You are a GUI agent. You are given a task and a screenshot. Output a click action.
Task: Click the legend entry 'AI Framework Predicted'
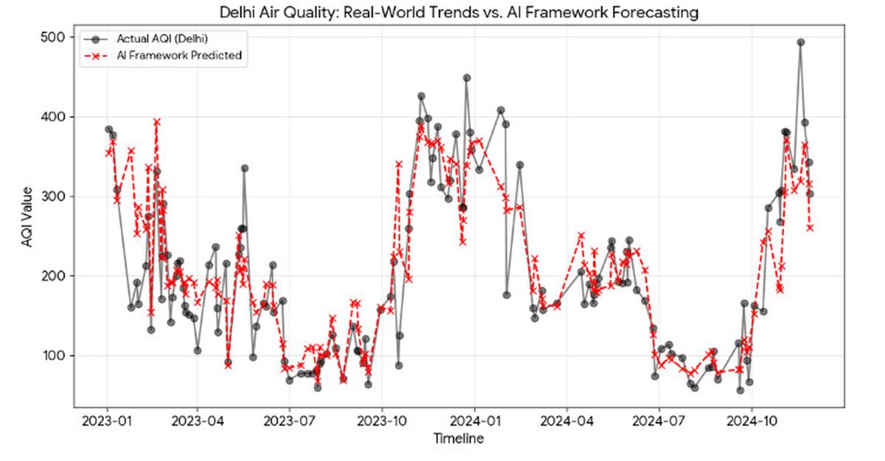(x=180, y=56)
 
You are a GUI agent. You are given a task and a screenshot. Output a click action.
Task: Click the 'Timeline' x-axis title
(x=458, y=440)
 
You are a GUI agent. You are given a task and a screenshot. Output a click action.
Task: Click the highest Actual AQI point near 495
(x=801, y=42)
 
